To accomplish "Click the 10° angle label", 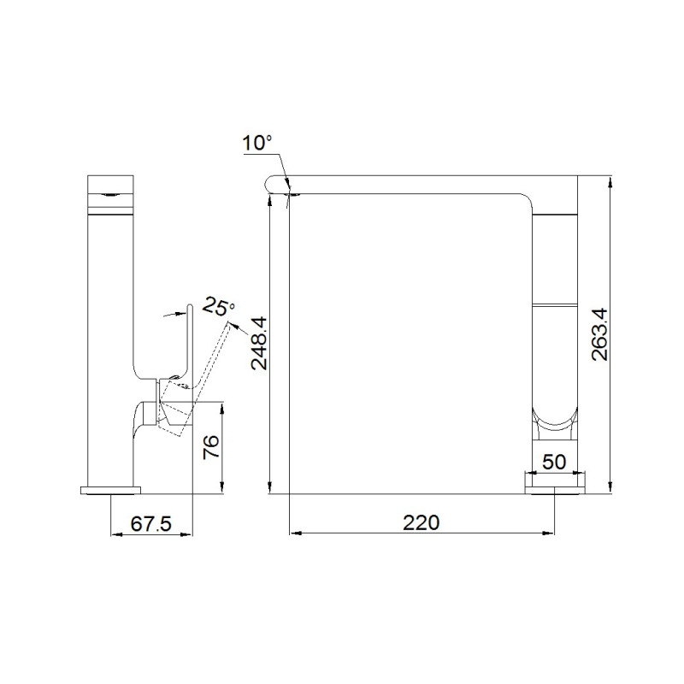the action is (x=257, y=143).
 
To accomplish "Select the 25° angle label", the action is (x=219, y=307).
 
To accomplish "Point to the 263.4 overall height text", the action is (x=599, y=334).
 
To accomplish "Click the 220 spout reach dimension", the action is (x=421, y=522).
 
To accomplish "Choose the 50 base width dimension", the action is (x=554, y=462).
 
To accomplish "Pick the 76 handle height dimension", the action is (x=211, y=446).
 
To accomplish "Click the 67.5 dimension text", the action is (x=151, y=523).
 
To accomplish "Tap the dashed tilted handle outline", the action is (x=197, y=380).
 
